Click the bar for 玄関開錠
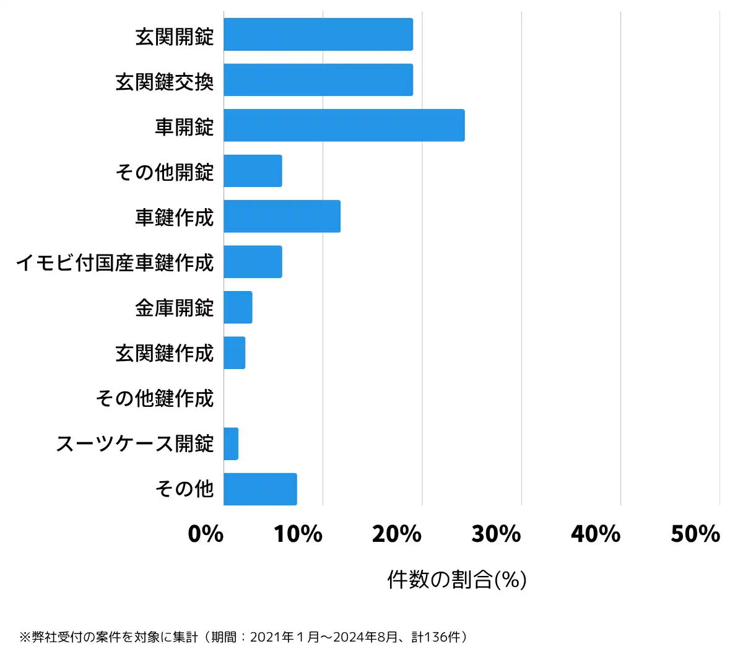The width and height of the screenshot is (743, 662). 318,35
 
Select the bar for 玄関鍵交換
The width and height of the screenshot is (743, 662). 318,80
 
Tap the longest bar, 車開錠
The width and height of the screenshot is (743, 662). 344,125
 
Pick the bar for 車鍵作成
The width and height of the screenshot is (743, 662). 282,216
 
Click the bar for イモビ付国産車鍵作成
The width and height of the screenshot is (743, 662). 253,261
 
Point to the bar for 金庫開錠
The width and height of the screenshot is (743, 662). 238,307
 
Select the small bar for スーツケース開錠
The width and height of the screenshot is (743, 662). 231,443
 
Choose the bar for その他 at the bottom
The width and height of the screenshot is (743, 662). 260,489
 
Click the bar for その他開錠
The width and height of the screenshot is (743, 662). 253,171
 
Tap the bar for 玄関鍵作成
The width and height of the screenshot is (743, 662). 235,353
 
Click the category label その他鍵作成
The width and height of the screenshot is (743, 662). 155,398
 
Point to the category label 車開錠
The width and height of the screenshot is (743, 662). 185,127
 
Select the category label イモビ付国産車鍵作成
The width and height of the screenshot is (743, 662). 115,263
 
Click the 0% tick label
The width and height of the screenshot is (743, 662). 206,534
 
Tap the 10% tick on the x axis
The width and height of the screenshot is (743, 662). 298,534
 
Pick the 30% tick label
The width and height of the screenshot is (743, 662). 497,534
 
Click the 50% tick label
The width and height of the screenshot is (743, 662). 695,534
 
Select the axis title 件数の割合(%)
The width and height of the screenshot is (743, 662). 457,580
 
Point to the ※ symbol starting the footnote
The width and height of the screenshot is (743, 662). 25,637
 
